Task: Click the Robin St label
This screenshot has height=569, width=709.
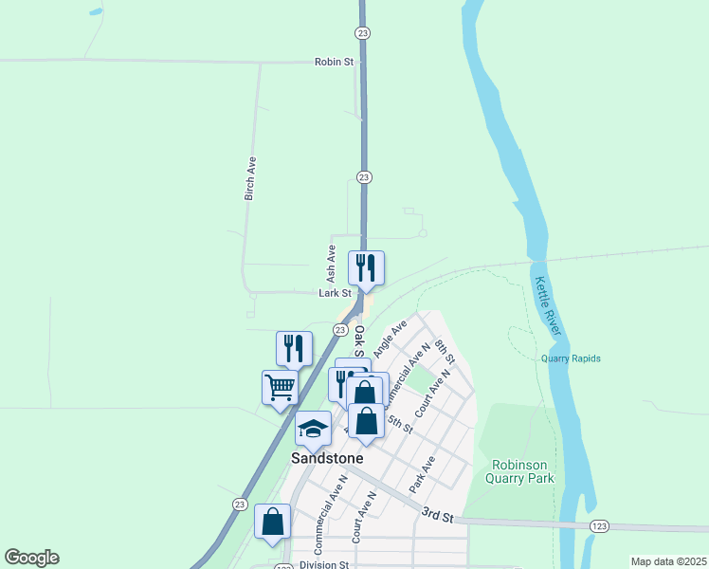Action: [x=334, y=62]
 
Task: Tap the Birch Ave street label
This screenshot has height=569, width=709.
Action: [x=250, y=178]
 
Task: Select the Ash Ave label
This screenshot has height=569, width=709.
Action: [x=331, y=265]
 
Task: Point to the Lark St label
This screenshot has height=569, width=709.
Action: [x=335, y=294]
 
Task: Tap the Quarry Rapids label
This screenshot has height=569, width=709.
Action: [x=571, y=358]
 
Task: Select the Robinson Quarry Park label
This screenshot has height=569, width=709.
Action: [x=522, y=471]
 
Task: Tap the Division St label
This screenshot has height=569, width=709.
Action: [x=324, y=564]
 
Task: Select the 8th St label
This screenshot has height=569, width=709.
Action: [x=445, y=360]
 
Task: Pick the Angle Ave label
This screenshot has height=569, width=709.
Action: [x=390, y=338]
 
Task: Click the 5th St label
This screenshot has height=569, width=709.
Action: [x=400, y=424]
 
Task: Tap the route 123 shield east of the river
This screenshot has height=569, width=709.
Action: [x=598, y=526]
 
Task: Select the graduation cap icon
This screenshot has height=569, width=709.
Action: [x=314, y=429]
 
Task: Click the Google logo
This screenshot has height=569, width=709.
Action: [x=31, y=558]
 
